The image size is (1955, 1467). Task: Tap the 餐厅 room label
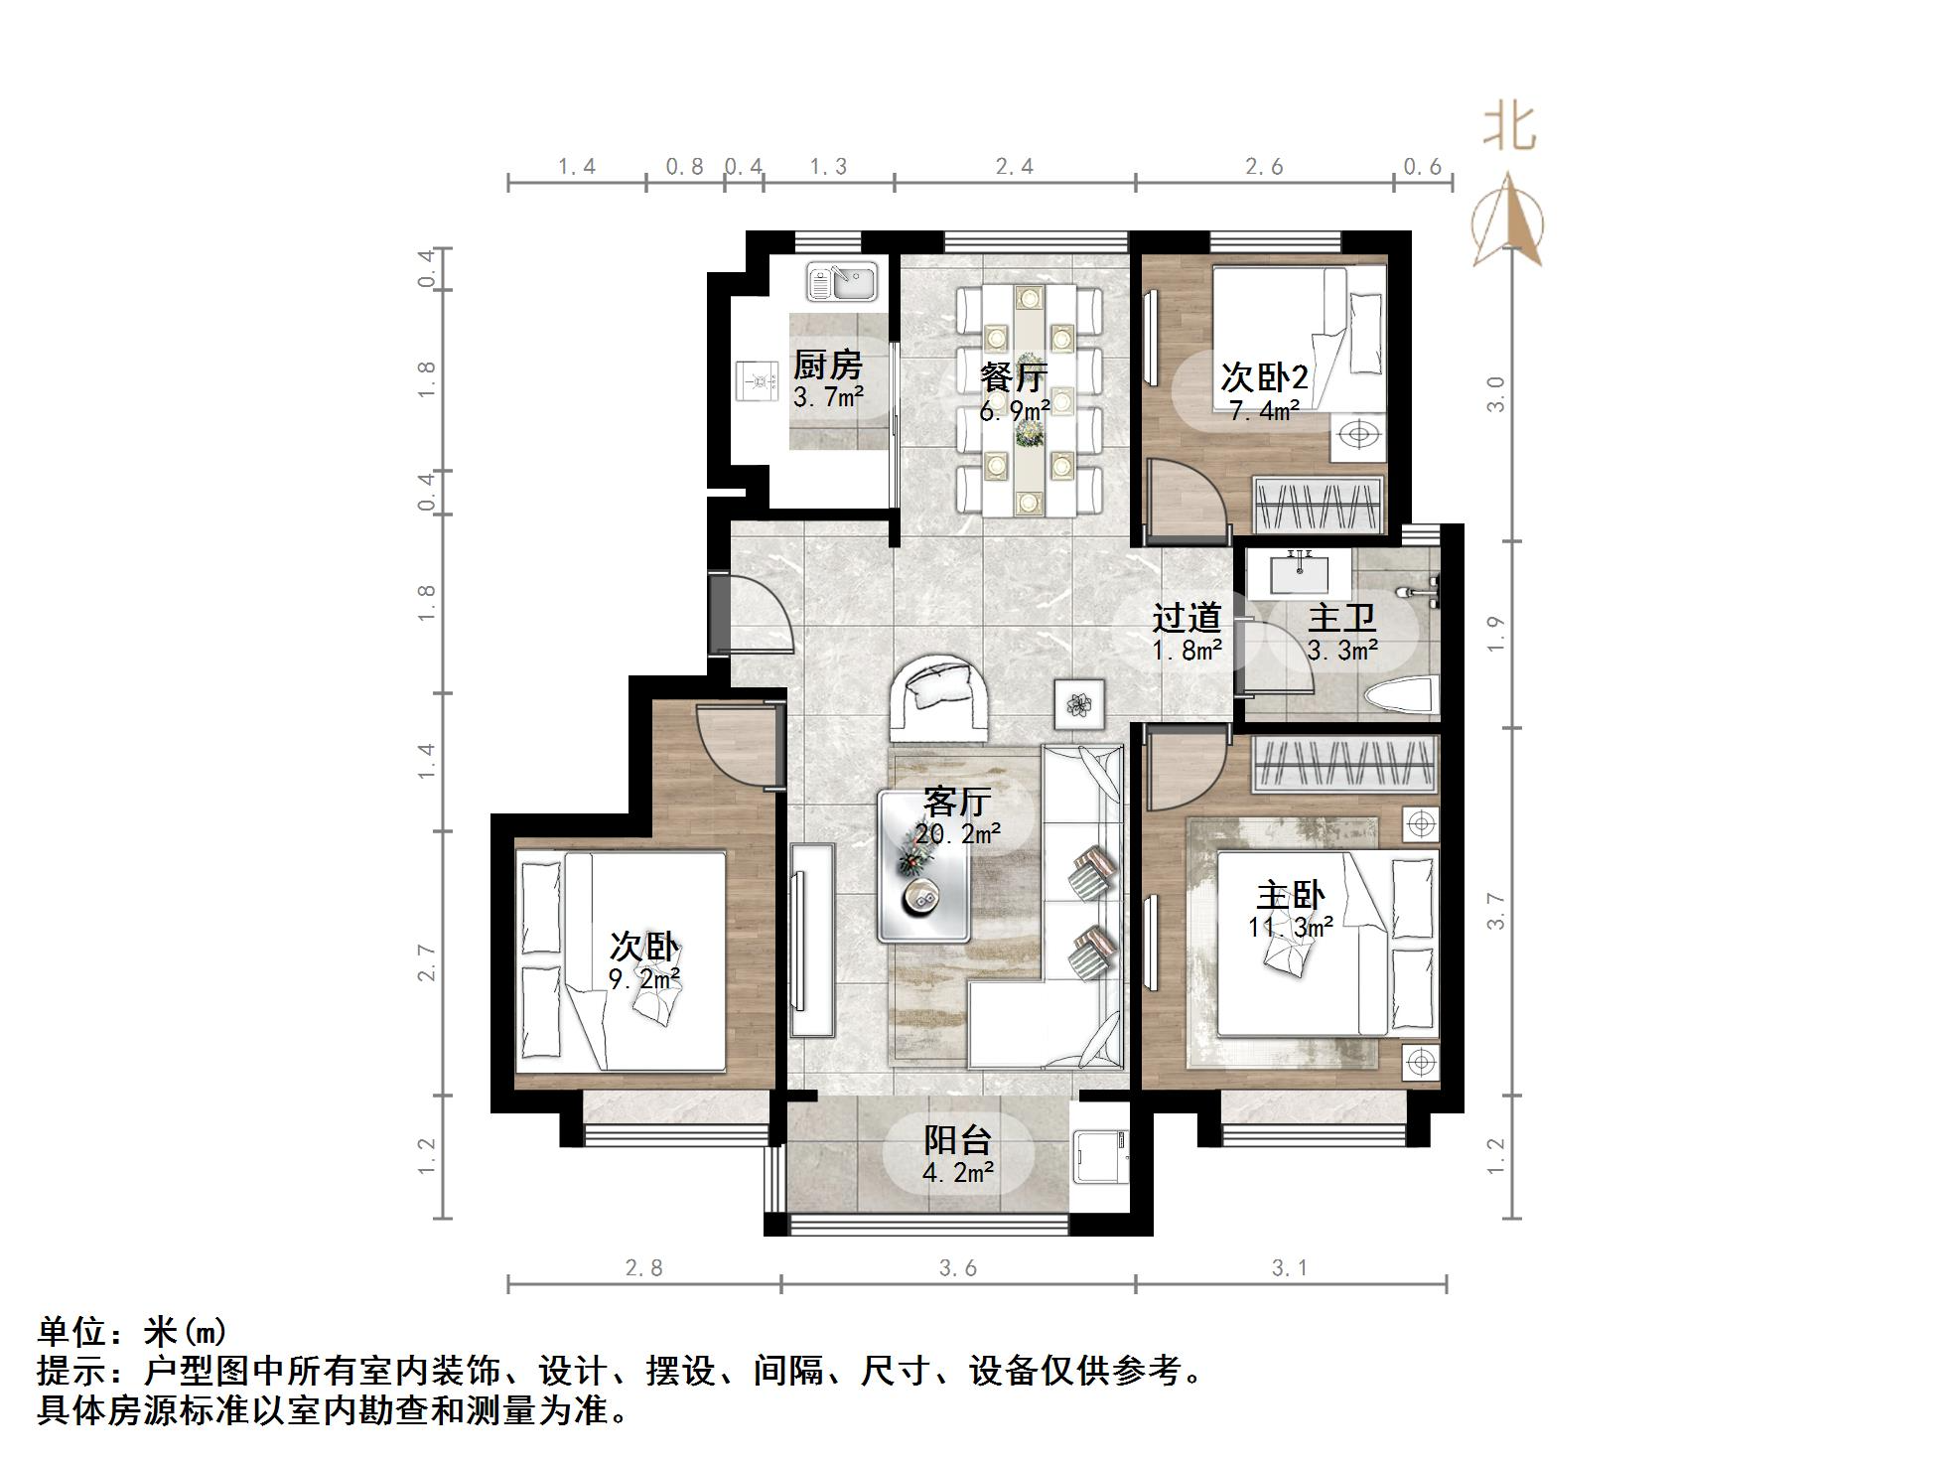click(1013, 377)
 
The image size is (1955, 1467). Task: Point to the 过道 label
click(1186, 618)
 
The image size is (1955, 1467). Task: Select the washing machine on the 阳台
click(1100, 1157)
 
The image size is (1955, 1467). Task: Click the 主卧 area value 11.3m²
click(1290, 928)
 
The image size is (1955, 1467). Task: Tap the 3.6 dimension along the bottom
click(957, 1268)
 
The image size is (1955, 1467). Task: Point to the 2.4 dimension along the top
click(1014, 167)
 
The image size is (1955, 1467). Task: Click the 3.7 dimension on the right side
click(1496, 911)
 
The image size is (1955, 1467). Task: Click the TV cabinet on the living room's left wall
click(811, 941)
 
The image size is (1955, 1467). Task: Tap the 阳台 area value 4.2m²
click(958, 1173)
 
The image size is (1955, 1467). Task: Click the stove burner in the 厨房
click(762, 380)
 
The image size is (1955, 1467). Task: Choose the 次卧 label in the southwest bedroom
click(643, 945)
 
